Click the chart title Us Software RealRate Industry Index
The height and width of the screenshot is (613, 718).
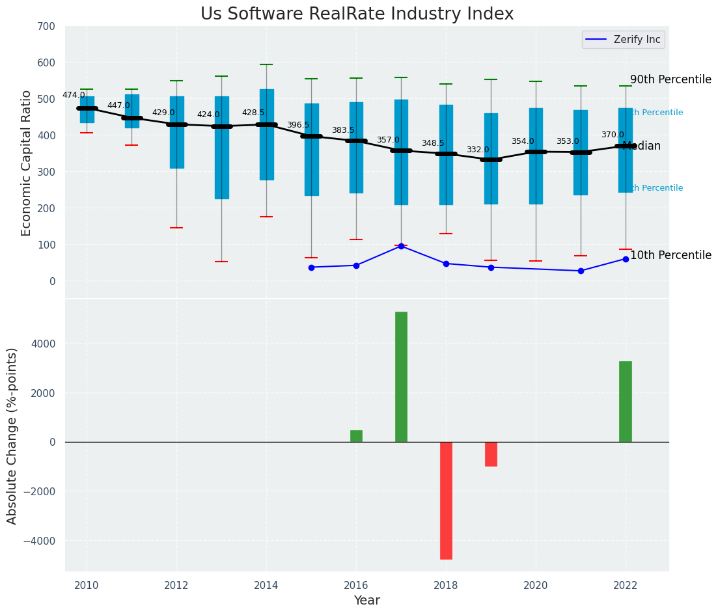[x=357, y=14]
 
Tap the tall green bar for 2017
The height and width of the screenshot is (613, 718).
[x=401, y=377]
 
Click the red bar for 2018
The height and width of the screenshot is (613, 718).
[x=446, y=500]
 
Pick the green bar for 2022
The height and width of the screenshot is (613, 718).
[x=626, y=402]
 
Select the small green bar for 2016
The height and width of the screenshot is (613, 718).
[x=356, y=436]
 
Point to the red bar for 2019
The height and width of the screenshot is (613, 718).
[x=491, y=454]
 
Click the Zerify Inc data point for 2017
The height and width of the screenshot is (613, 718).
[x=401, y=246]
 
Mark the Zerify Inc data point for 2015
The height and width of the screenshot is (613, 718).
[x=311, y=267]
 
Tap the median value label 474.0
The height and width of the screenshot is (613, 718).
[x=74, y=95]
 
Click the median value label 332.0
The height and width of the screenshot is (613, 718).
[x=478, y=150]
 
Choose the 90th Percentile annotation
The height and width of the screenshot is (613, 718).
[x=670, y=79]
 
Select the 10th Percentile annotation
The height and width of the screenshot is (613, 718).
[x=670, y=255]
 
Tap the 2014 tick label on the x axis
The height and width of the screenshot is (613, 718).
[x=266, y=585]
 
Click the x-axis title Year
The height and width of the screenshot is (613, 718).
[x=367, y=601]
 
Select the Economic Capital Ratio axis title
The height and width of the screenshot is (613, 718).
[x=27, y=163]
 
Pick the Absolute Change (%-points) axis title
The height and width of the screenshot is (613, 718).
[x=12, y=435]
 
